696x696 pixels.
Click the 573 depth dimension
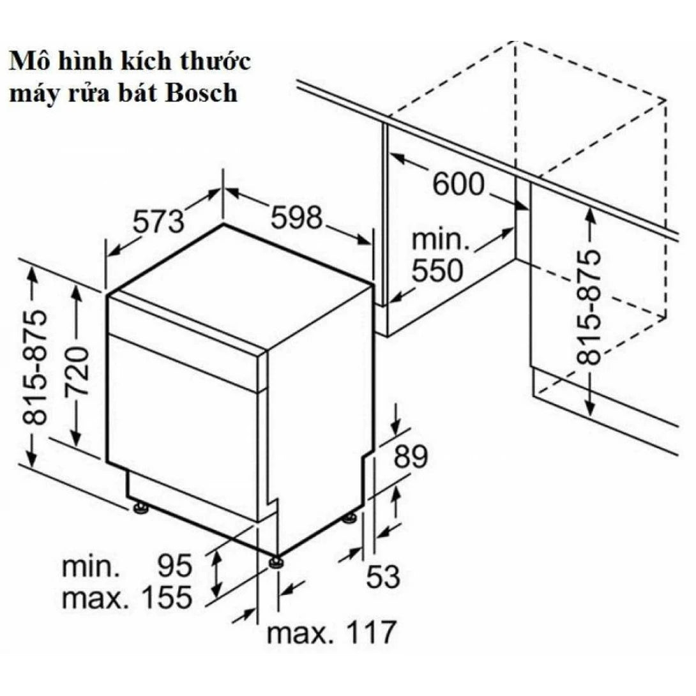pyautogui.click(x=158, y=222)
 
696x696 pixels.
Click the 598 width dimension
pyautogui.click(x=295, y=219)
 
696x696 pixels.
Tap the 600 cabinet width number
pyautogui.click(x=458, y=185)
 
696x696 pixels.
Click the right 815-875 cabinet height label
pyautogui.click(x=588, y=306)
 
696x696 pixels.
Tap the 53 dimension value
pyautogui.click(x=382, y=577)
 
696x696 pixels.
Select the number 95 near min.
pyautogui.click(x=174, y=566)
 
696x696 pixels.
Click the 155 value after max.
pyautogui.click(x=158, y=598)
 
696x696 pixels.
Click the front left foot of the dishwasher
pyautogui.click(x=140, y=508)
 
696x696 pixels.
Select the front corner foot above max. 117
pyautogui.click(x=276, y=561)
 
